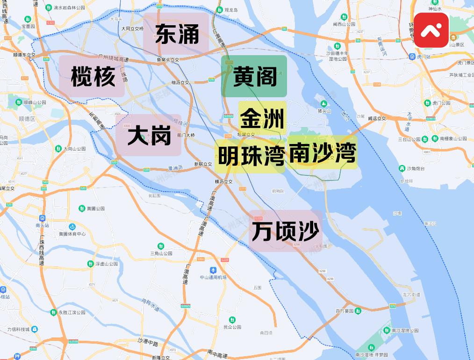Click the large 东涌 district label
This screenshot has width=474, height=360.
click(x=177, y=34)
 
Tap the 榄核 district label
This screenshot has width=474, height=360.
click(x=93, y=76)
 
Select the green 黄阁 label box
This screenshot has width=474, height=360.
click(x=254, y=76)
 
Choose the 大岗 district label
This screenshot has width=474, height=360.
click(x=149, y=135)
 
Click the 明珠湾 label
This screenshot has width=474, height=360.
click(x=251, y=156)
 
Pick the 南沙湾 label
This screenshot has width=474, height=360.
click(x=322, y=152)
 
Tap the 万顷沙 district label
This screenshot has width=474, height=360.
click(x=285, y=230)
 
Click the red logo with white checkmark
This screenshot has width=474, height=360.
click(x=431, y=30)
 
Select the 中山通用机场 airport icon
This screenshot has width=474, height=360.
click(x=213, y=270)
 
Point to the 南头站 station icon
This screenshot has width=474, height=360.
click(x=42, y=218)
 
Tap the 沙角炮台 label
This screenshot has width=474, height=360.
click(x=414, y=168)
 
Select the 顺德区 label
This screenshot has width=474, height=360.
click(x=28, y=119)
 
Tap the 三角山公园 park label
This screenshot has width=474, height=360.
click(x=161, y=253)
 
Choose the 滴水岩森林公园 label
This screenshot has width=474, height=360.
click(x=69, y=8)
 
